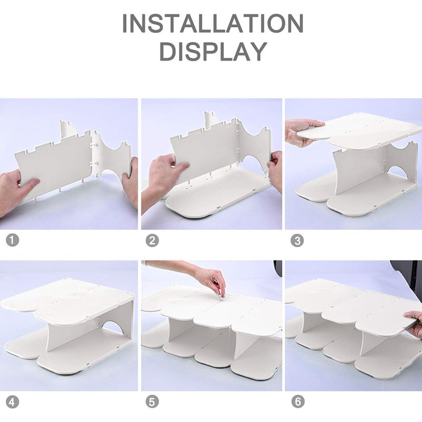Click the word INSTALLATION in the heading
click(213, 23)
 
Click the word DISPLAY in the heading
click(214, 52)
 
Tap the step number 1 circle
click(12, 240)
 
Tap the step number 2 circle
click(152, 241)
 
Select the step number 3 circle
click(297, 241)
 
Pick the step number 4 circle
click(12, 402)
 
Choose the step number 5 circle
click(152, 402)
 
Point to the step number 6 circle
click(298, 402)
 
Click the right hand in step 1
click(130, 175)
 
